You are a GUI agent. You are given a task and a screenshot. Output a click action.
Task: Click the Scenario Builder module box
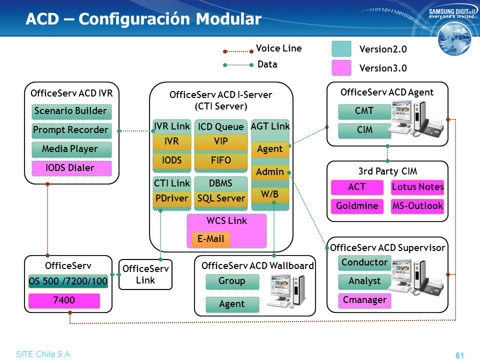(x=71, y=111)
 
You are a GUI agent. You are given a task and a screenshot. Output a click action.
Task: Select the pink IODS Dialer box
(x=71, y=168)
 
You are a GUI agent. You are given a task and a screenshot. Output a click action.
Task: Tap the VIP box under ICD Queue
(x=220, y=141)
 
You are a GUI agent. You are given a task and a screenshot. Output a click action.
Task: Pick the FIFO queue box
(x=220, y=160)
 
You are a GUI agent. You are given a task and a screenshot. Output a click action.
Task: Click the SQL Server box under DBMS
(x=220, y=198)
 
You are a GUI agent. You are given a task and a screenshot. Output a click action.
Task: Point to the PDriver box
(x=171, y=198)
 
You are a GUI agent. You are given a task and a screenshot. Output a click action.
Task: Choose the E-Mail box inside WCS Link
(x=210, y=239)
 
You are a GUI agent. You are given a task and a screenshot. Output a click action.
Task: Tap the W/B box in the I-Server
(x=270, y=194)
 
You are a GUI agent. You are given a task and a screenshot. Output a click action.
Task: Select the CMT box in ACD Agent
(x=364, y=111)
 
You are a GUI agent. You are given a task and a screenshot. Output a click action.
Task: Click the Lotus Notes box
(x=417, y=187)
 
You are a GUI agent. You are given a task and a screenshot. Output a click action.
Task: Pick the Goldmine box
(x=357, y=206)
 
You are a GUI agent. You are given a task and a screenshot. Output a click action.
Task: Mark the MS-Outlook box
(x=417, y=206)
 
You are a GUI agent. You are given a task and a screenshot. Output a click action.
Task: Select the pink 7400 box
(x=64, y=300)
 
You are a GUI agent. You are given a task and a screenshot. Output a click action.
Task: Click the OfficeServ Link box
(x=145, y=274)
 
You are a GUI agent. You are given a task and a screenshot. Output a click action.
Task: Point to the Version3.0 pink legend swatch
(x=341, y=68)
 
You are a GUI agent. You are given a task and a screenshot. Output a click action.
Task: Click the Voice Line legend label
(x=278, y=48)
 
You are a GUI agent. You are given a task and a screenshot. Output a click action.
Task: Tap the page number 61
(x=459, y=355)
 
